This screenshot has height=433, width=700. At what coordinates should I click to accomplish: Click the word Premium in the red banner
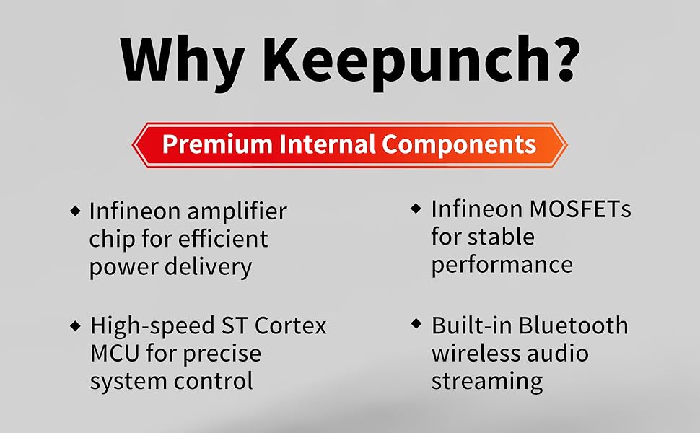point(217,144)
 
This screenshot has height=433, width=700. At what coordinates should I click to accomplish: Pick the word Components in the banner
point(459,144)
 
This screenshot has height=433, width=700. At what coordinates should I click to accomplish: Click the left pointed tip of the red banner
point(133,145)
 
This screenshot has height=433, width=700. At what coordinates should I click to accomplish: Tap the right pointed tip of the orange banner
point(567,145)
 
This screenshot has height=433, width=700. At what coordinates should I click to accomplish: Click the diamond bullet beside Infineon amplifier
point(76,210)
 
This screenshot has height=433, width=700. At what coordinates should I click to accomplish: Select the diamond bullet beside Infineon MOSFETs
point(416,208)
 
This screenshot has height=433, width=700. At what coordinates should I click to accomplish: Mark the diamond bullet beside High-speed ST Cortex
point(76,325)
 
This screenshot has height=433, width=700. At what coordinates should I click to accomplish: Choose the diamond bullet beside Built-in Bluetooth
point(416,323)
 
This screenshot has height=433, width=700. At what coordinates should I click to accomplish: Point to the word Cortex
point(290,325)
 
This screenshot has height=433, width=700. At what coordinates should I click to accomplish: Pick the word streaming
point(487,382)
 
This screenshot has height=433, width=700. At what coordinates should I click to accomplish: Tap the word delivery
point(209,267)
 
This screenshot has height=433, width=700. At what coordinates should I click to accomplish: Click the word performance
point(502,265)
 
